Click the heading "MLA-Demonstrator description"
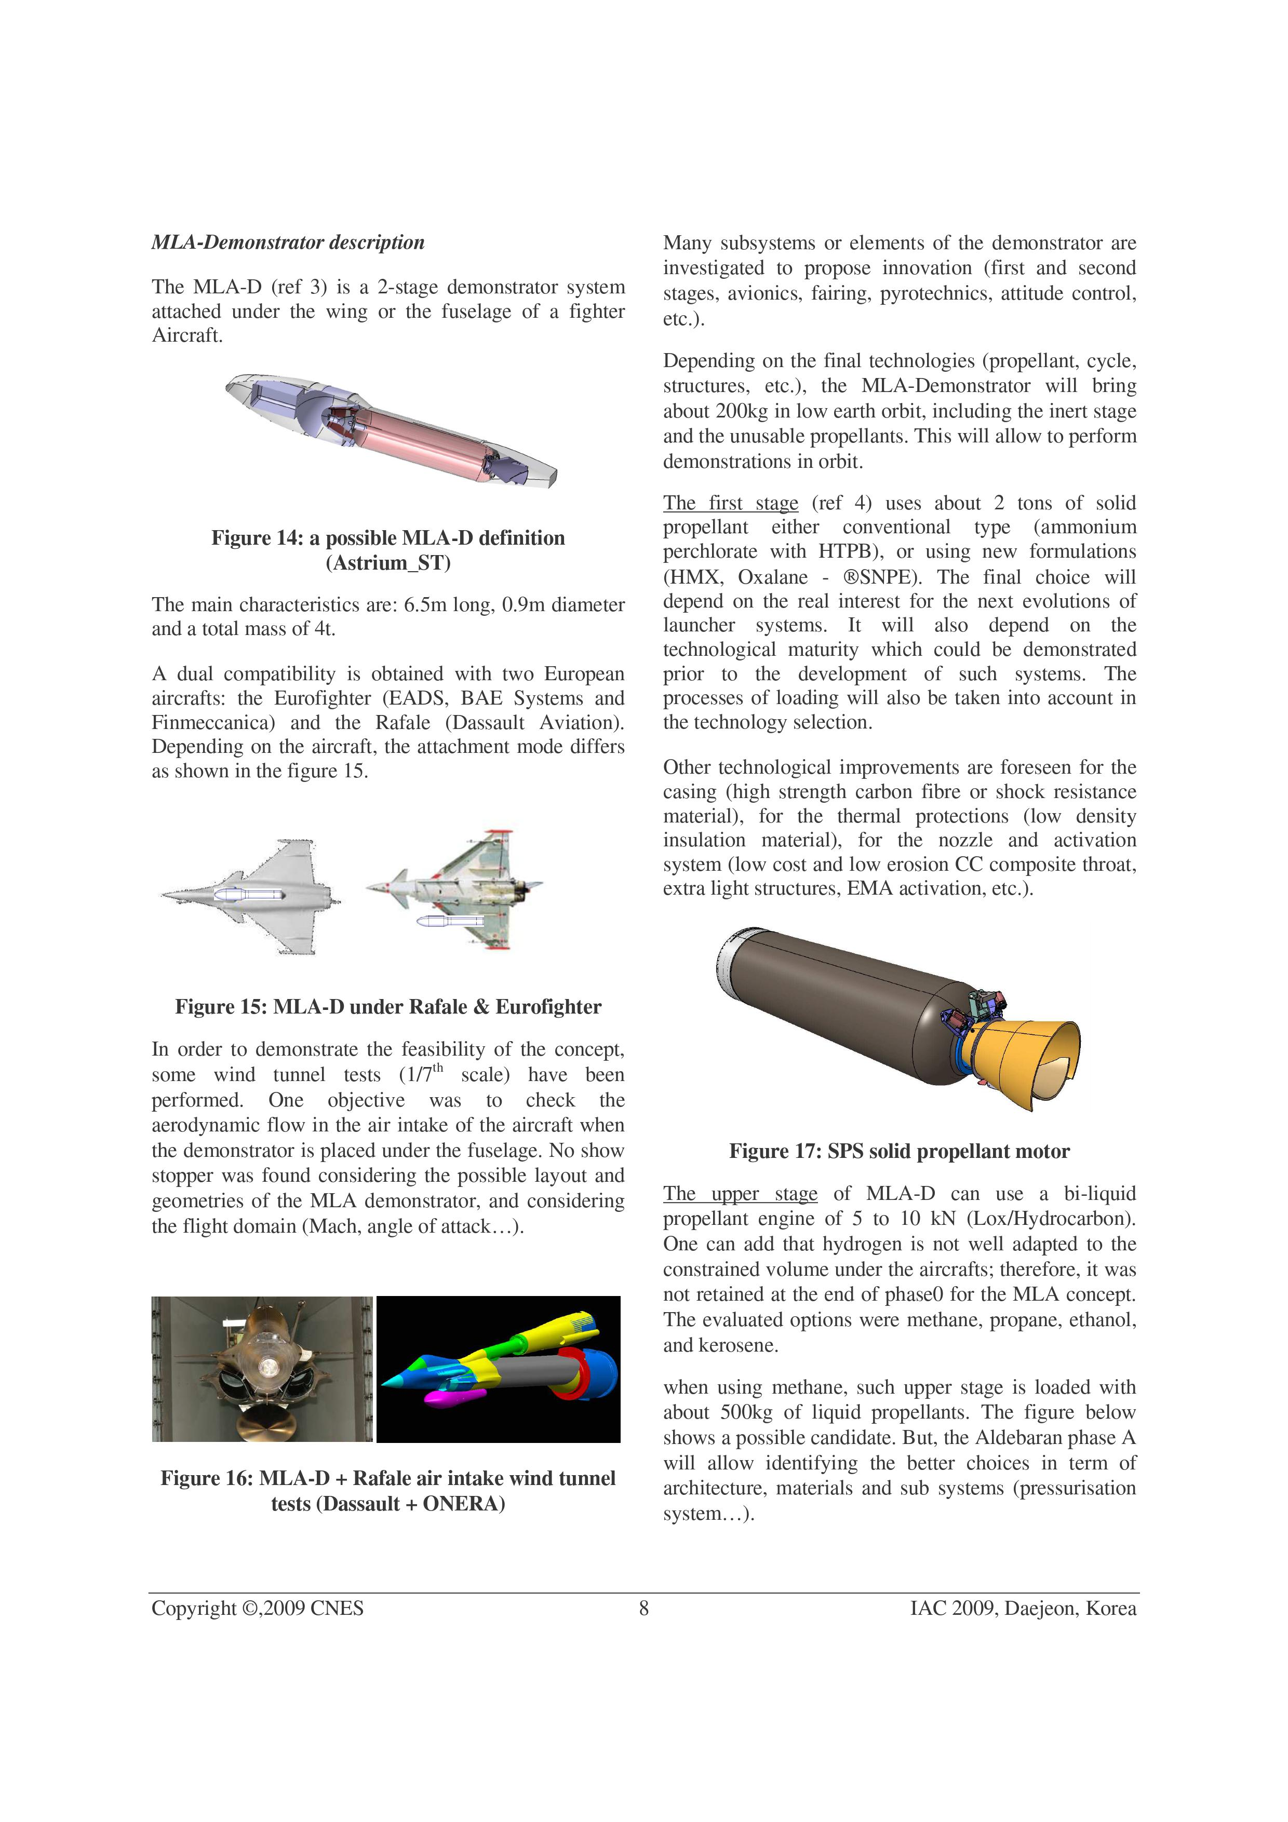(288, 242)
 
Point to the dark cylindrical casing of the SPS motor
(833, 992)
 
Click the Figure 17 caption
(899, 1152)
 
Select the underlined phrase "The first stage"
(731, 503)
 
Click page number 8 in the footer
(643, 1609)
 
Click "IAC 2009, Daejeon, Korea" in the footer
(1023, 1609)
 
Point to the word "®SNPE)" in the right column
(867, 577)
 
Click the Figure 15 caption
(388, 1007)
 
